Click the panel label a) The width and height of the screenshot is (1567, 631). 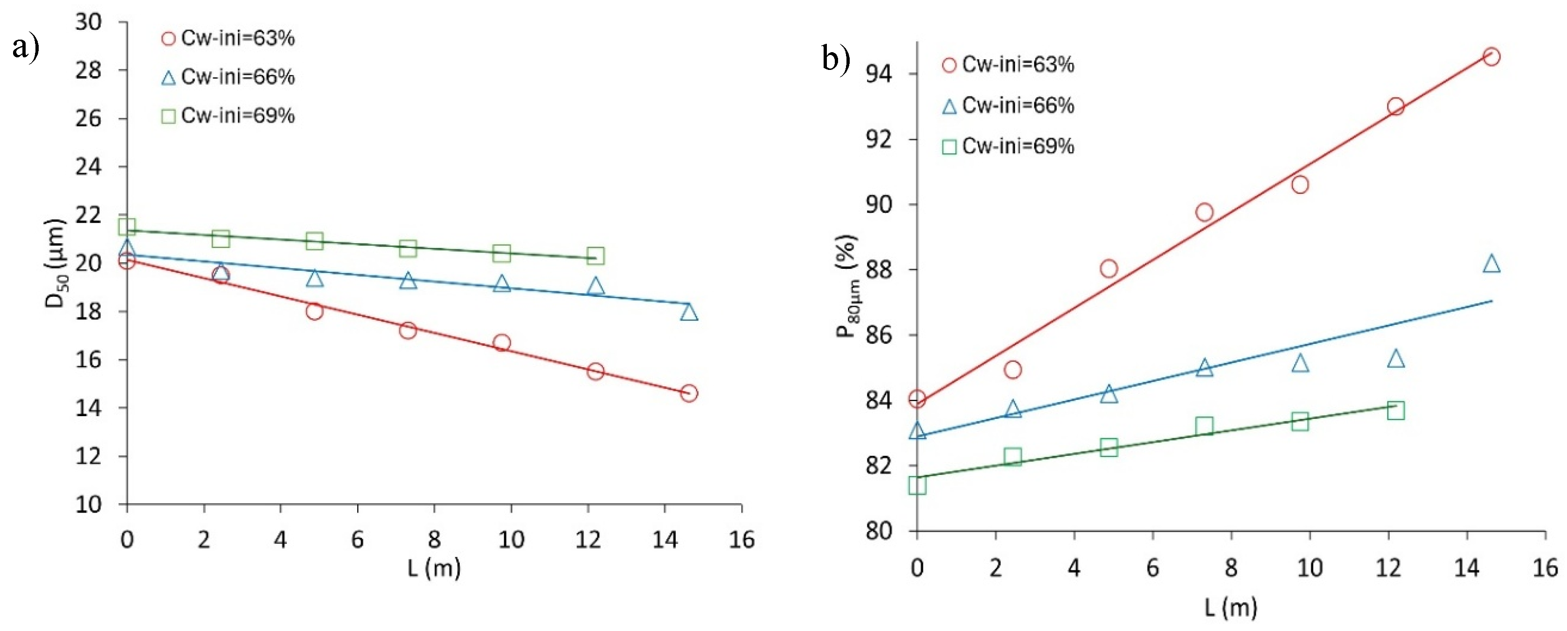point(26,47)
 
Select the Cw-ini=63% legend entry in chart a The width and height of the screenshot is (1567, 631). point(228,38)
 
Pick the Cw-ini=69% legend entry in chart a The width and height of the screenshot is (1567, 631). point(228,116)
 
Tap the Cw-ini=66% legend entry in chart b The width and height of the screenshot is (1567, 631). point(1008,106)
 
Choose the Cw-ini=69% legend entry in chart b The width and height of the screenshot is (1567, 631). point(1008,146)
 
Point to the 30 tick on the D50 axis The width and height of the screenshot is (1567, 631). point(89,22)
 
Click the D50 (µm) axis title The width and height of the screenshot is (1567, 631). point(55,263)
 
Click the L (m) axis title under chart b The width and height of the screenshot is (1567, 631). point(1231,607)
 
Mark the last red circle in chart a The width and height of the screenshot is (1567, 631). point(689,393)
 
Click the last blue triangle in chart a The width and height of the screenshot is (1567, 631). point(689,312)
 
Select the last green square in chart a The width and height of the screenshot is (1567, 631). point(596,255)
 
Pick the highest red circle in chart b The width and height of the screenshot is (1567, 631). point(1491,56)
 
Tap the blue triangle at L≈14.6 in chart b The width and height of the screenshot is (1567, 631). point(1491,264)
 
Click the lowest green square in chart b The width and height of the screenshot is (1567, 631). point(917,485)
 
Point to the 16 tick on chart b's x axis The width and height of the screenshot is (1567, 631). point(1545,568)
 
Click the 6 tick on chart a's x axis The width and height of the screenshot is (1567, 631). point(357,539)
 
